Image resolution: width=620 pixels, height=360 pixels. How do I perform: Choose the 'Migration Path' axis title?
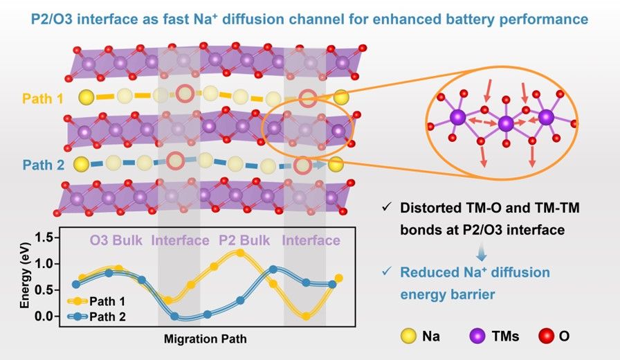click(205, 340)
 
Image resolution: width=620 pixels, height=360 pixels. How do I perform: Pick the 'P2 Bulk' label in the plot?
click(246, 241)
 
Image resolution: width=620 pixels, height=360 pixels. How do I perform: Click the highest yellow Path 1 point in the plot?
click(240, 253)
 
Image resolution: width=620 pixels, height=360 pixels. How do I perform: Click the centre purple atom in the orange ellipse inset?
click(506, 123)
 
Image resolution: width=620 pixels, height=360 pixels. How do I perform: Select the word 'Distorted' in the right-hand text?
click(428, 207)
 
